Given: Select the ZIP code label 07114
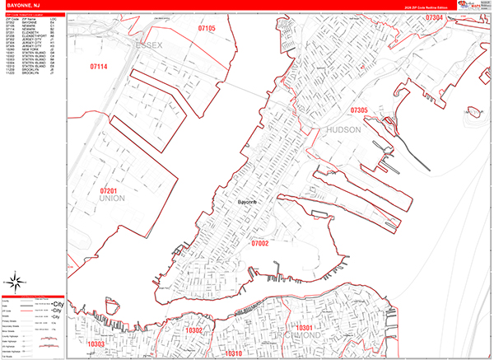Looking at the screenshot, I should (x=100, y=65).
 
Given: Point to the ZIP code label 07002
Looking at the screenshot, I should (x=259, y=243).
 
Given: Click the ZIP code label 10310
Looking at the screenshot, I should (x=233, y=353).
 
